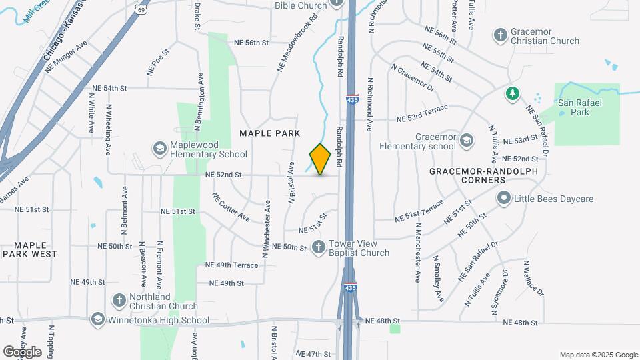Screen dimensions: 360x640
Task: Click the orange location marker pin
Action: [321, 159]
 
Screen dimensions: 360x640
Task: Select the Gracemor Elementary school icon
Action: [467, 139]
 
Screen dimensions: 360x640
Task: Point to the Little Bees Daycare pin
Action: [504, 198]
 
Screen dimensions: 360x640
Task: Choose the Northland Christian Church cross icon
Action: [119, 301]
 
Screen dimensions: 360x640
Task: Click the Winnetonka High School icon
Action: [99, 320]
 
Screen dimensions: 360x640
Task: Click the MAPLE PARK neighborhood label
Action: [270, 133]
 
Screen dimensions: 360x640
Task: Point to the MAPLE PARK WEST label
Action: [30, 249]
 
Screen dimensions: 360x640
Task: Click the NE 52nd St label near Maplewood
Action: [223, 175]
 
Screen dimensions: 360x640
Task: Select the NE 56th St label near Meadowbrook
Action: [251, 43]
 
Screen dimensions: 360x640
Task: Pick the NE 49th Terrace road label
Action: [231, 265]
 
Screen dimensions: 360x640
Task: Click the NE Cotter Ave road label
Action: [231, 207]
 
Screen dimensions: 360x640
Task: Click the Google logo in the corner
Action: [22, 351]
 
